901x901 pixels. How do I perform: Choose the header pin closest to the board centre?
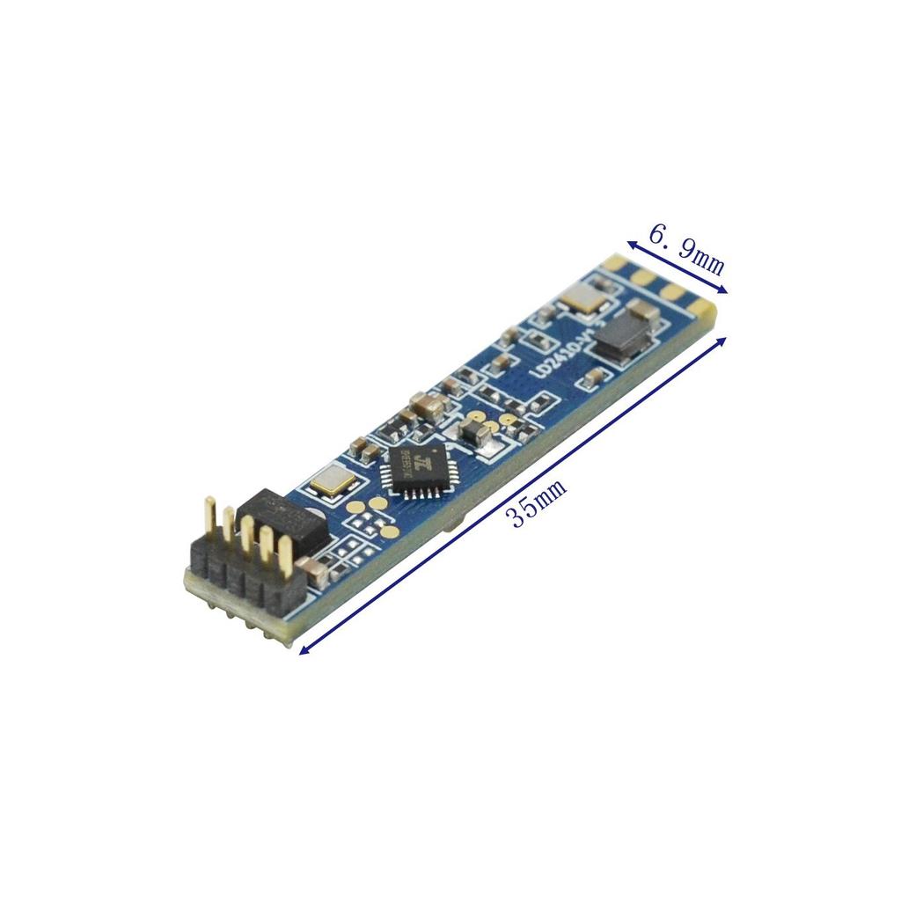[284, 553]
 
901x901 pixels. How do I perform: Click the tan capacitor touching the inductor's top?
[641, 310]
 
